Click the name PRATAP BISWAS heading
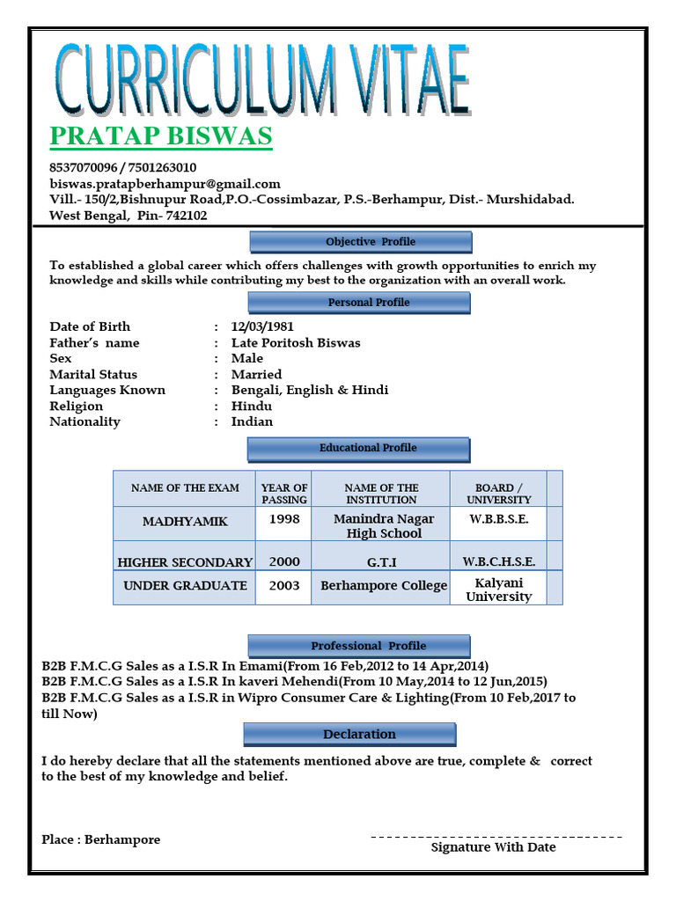tap(161, 137)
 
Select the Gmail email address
tap(165, 184)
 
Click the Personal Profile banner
tap(361, 303)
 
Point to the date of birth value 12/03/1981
tap(262, 326)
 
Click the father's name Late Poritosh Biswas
tap(296, 342)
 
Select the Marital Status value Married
tap(256, 374)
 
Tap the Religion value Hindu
tap(252, 406)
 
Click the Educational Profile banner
tap(359, 449)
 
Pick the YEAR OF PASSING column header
tap(284, 494)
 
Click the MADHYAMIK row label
tap(185, 522)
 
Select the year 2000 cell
tap(284, 561)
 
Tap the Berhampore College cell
tap(384, 585)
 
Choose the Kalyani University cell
tap(498, 590)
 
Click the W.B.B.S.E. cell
tap(498, 519)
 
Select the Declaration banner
tap(350, 735)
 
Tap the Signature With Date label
tap(493, 847)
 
